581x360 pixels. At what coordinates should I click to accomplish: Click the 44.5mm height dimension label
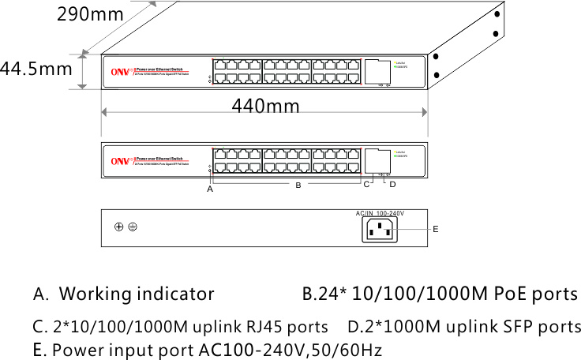36,69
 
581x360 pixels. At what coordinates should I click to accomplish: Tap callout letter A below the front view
210,190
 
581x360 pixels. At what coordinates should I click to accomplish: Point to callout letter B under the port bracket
298,186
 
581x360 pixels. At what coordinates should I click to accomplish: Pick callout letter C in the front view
366,186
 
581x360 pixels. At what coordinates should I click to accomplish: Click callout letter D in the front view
392,186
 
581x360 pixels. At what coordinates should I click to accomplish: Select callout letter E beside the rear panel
435,228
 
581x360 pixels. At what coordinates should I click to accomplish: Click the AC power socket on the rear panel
380,230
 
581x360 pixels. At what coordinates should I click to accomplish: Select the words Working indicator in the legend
137,295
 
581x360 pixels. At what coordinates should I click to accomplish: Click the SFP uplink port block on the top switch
378,69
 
